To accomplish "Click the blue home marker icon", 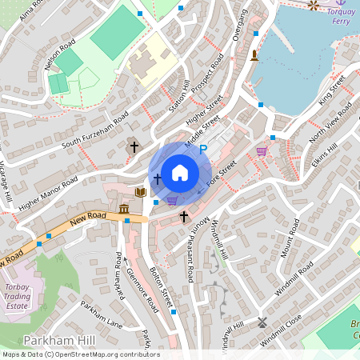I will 180,172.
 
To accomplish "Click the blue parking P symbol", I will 203,149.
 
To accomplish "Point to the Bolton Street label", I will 165,286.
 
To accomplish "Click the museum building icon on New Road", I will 125,210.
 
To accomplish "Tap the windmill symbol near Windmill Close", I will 262,323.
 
